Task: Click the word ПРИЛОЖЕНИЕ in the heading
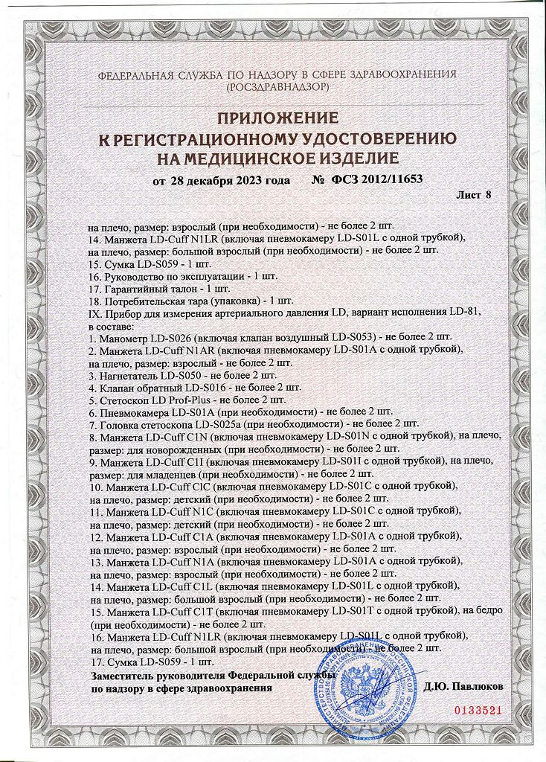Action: point(277,118)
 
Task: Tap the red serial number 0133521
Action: point(479,710)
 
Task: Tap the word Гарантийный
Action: point(138,288)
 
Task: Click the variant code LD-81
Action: point(466,313)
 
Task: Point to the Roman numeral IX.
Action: point(94,313)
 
